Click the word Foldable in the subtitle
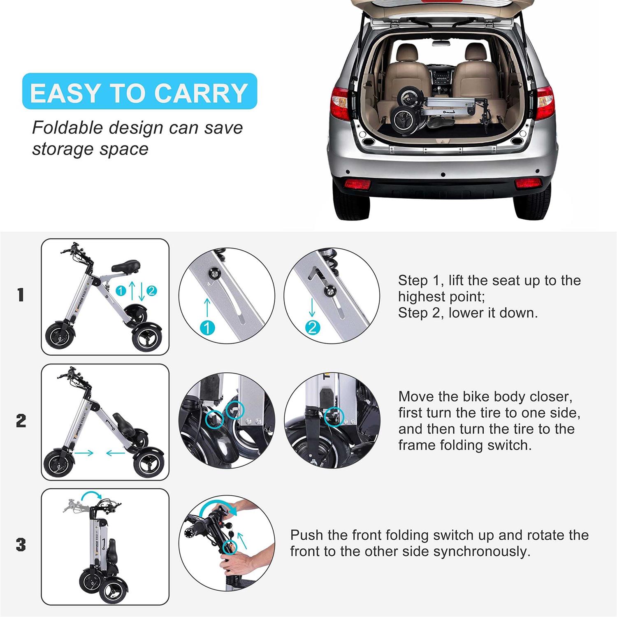tap(67, 128)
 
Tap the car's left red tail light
tap(340, 103)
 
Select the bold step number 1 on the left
tap(21, 295)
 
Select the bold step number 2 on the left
tap(21, 421)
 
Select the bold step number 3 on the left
tap(21, 545)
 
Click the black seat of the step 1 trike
tap(126, 264)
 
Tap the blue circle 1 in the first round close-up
tap(207, 328)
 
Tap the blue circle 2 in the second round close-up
tap(312, 327)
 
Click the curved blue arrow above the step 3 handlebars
tap(91, 496)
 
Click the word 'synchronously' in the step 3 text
tap(482, 551)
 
